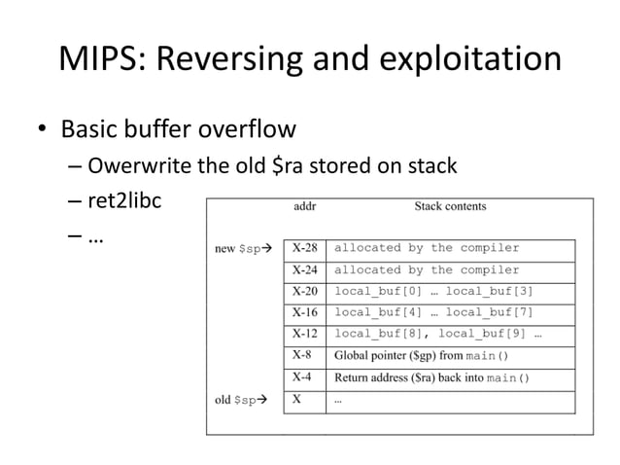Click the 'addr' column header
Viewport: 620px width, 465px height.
click(304, 206)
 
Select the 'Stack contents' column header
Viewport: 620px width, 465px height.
click(450, 206)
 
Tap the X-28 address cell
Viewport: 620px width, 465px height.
click(305, 249)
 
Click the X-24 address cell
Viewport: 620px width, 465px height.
click(305, 270)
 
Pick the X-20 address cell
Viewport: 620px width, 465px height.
click(305, 292)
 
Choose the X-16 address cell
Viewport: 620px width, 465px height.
click(305, 313)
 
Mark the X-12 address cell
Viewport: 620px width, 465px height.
click(305, 335)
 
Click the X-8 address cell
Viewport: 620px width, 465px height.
click(302, 356)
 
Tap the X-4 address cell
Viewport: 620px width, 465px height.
click(302, 377)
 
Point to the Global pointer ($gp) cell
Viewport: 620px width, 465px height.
click(422, 356)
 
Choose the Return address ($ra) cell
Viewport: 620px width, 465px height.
click(431, 377)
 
